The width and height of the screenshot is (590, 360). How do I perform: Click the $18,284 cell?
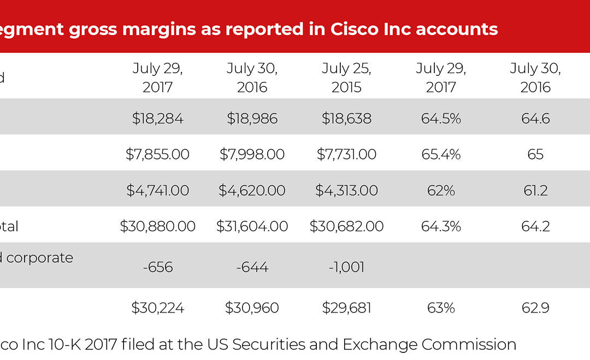pos(157,119)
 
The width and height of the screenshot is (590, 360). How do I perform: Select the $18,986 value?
pos(252,119)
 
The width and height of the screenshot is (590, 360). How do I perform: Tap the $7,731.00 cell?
pos(346,155)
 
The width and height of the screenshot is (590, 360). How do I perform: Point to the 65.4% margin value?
pos(441,155)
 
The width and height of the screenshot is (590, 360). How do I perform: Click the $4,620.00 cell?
pos(252,191)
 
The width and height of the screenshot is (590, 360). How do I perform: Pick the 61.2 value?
pos(535,191)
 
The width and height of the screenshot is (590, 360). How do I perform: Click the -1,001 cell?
pos(346,267)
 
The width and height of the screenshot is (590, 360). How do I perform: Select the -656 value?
pos(157,267)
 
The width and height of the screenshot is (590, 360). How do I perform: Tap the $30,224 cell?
pos(157,308)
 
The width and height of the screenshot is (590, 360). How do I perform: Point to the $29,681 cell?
pos(346,308)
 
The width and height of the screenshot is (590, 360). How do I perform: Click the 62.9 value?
pos(535,308)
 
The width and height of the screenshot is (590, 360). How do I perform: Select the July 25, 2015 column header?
pos(346,78)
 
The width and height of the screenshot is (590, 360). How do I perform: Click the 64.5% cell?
pos(441,119)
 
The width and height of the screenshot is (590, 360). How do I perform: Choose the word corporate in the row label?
pos(40,258)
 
